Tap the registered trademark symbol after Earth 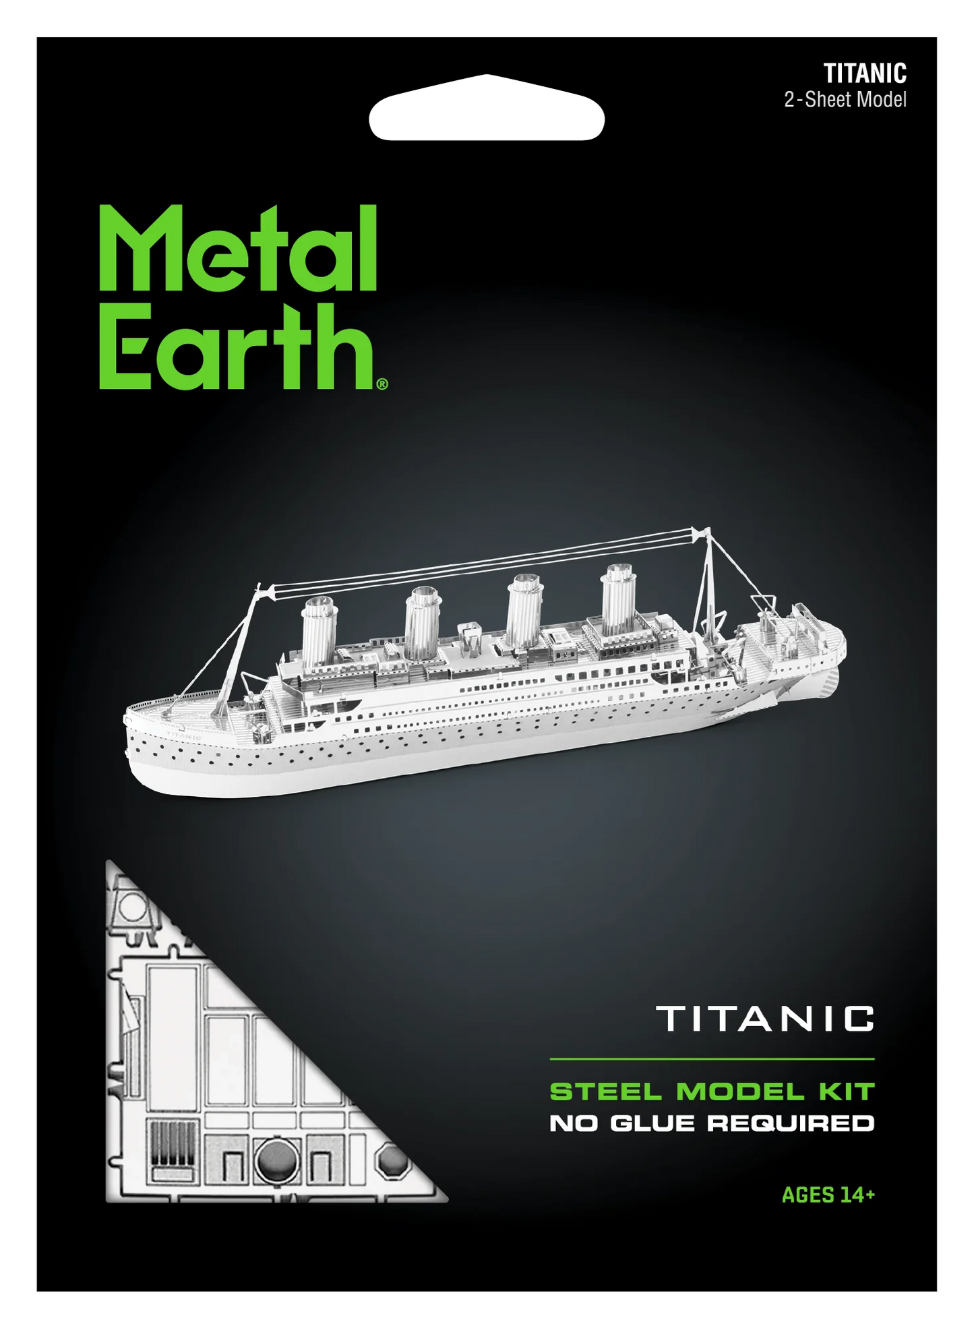pos(382,384)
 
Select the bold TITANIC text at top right pos(865,73)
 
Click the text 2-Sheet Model pos(845,100)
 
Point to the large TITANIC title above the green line pos(765,1019)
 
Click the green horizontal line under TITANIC pos(712,1059)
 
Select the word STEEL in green pos(606,1091)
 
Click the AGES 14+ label pos(828,1195)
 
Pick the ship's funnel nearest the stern pos(618,601)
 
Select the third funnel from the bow pos(524,609)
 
